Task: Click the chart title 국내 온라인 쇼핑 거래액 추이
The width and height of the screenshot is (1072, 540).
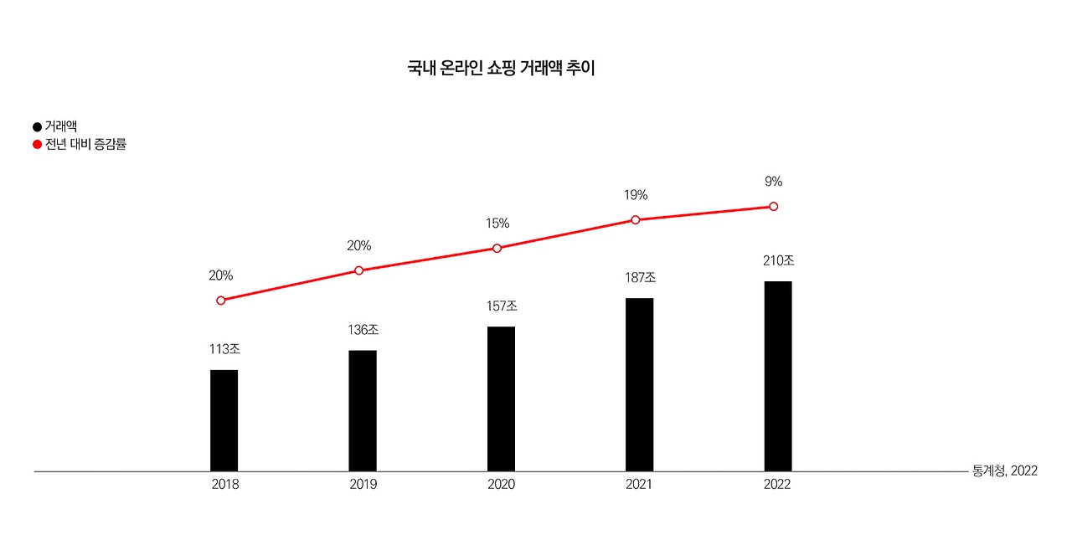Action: [501, 68]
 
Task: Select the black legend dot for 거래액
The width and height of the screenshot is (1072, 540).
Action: [37, 126]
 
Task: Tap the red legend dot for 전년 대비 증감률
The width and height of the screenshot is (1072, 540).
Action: [37, 145]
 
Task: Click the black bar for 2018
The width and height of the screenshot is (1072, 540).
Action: [224, 420]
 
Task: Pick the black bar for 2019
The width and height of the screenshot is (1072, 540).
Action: [363, 411]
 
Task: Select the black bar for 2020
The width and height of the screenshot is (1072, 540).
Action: [501, 399]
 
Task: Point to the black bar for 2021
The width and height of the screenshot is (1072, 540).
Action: [639, 384]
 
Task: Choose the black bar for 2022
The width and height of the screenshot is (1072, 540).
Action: [778, 377]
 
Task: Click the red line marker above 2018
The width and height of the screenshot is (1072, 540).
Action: [220, 301]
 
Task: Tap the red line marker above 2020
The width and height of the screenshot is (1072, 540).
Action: [497, 249]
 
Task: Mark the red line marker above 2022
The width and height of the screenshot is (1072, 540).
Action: [773, 207]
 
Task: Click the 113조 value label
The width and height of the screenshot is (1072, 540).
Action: [224, 349]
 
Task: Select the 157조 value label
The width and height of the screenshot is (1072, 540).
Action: [502, 306]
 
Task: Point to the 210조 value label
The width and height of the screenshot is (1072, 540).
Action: [779, 260]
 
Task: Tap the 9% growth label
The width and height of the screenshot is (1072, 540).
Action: [773, 182]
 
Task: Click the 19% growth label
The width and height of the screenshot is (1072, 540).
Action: [636, 195]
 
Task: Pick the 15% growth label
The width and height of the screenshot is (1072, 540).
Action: [497, 223]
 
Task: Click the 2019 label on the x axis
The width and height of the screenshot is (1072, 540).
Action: [363, 485]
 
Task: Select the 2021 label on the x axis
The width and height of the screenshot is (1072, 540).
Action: [639, 485]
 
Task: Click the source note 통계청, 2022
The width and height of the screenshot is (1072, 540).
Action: [1005, 471]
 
